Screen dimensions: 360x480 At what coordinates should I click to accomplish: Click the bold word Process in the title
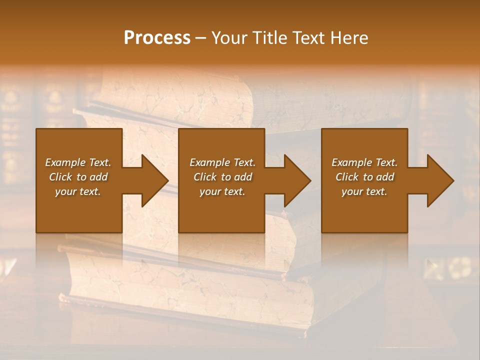[157, 38]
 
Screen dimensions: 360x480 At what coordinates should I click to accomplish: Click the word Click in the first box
[60, 177]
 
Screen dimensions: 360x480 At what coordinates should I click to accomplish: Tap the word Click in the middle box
[205, 177]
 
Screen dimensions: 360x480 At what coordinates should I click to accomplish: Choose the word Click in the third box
[347, 177]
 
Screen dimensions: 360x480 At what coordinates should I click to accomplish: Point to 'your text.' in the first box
[78, 191]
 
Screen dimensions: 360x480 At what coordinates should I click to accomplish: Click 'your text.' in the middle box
[222, 191]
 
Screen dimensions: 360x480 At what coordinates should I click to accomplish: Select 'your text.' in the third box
[364, 191]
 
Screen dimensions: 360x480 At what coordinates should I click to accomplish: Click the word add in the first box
[98, 177]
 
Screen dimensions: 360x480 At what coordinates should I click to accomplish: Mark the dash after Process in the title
[201, 38]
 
